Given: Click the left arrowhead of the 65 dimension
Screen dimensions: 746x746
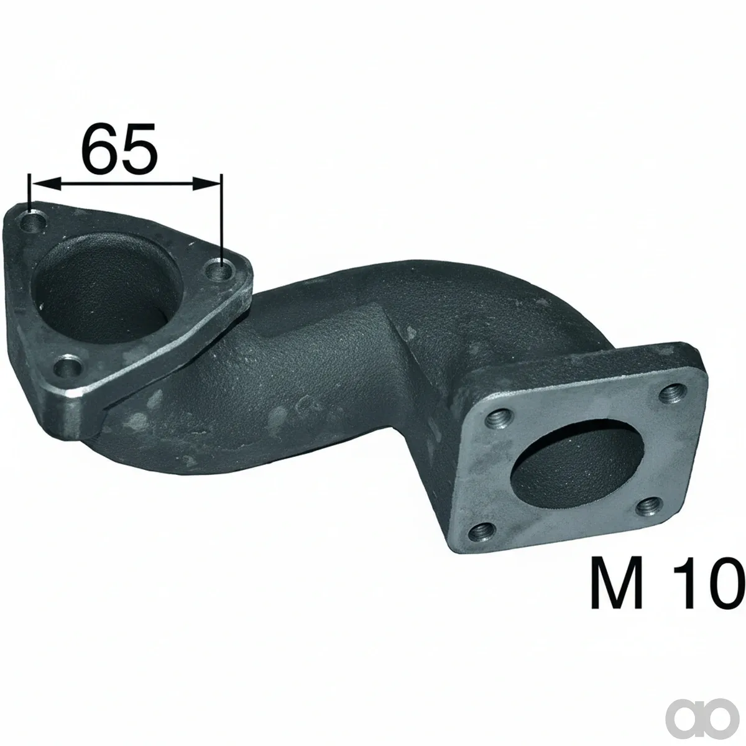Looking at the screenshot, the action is coord(46,184).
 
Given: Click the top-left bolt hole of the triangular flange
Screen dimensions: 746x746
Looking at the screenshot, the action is coord(34,222).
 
